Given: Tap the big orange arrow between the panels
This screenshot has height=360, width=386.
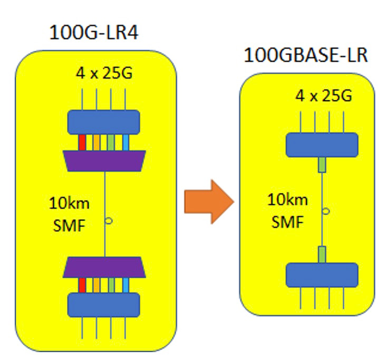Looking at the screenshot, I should (x=208, y=201).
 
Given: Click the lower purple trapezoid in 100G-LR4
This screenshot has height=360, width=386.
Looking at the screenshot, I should (x=104, y=268).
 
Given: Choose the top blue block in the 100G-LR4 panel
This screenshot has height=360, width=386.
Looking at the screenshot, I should (x=104, y=121).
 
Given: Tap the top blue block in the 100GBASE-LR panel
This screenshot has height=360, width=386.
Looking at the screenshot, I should (x=322, y=145).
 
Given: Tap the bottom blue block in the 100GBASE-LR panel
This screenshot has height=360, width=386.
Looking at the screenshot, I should (x=322, y=274).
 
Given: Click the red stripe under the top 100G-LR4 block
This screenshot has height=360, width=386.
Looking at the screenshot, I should (x=82, y=142).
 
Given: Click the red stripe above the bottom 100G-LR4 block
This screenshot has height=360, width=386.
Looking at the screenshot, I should (x=82, y=285).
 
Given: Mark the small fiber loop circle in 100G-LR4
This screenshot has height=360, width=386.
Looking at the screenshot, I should (x=108, y=221).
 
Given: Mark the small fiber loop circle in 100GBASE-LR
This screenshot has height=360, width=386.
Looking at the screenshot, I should (x=326, y=212).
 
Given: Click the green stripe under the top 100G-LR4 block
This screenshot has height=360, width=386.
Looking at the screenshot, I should (x=111, y=142).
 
